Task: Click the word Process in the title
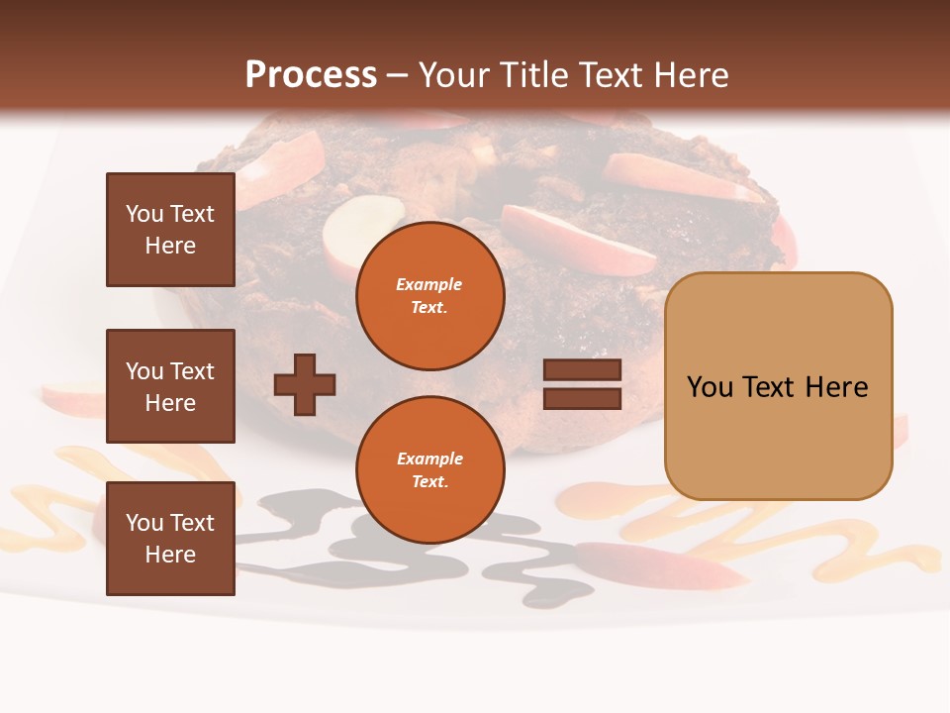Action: [311, 75]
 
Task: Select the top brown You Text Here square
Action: [170, 230]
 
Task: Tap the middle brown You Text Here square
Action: [170, 386]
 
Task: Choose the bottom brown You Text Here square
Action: [170, 539]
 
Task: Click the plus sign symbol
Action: [305, 384]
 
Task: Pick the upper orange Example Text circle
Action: [429, 296]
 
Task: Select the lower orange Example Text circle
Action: [429, 470]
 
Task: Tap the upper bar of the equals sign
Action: [582, 370]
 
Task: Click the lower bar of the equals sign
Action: [582, 399]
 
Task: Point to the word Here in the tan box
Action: [837, 387]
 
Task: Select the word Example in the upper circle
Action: [428, 284]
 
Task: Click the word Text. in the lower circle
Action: [429, 482]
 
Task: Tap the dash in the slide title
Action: [397, 76]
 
